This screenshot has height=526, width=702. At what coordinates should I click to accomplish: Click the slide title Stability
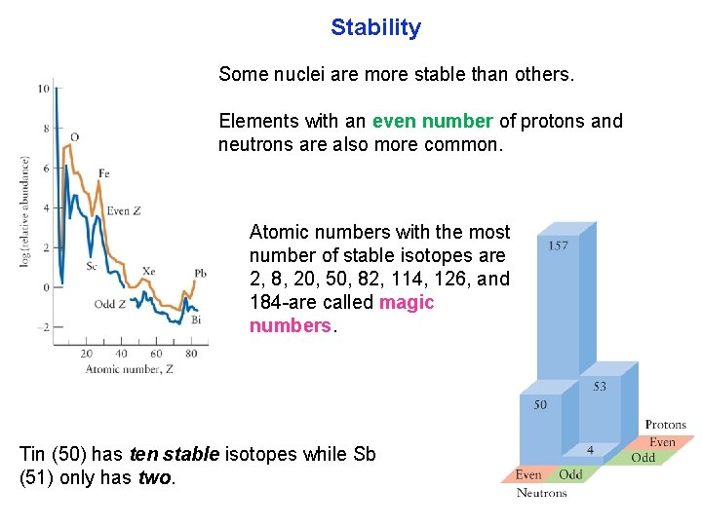click(375, 27)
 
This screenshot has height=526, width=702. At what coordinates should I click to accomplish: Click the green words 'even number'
click(432, 122)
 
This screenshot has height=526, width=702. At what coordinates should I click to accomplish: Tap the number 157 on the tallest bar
click(559, 245)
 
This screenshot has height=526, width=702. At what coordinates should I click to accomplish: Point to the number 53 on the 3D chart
click(600, 387)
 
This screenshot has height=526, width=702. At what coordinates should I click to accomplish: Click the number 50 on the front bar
click(539, 404)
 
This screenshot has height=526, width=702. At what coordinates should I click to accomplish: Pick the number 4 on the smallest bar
click(591, 450)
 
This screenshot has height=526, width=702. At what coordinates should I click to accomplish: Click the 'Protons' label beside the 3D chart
click(665, 425)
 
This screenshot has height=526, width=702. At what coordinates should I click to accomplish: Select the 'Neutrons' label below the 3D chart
click(541, 493)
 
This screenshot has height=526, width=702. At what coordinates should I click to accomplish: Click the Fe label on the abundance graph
click(104, 173)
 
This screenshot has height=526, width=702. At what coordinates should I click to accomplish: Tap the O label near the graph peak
click(75, 136)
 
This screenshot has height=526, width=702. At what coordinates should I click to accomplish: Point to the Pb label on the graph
click(200, 274)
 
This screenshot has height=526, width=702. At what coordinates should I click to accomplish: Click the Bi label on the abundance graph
click(196, 319)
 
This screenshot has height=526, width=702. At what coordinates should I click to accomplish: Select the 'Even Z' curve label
click(125, 210)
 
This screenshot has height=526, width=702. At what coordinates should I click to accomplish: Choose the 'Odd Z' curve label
click(110, 305)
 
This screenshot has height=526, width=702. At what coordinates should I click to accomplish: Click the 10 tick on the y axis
click(43, 89)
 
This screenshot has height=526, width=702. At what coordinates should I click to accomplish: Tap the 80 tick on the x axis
click(190, 354)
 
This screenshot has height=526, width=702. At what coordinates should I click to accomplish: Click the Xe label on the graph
click(148, 271)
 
